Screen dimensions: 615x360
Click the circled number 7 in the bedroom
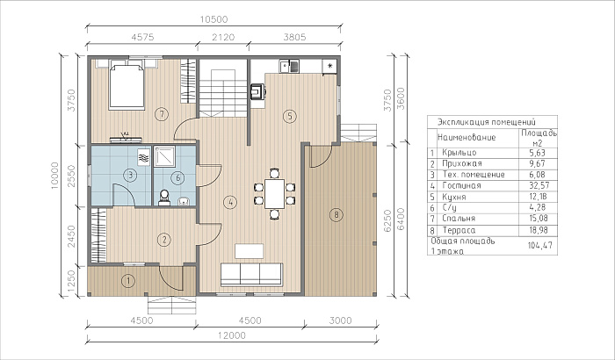pos(162,114)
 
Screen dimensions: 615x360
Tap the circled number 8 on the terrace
pos(336,214)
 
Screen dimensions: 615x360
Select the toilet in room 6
pos(164,198)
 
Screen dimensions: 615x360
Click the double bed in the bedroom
pos(127,86)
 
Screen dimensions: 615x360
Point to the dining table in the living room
pos(274,194)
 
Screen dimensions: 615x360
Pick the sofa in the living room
pos(251,275)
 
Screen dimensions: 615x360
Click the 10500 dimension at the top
pos(213,19)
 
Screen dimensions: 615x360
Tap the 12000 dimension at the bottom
pos(232,335)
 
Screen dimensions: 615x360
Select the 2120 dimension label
pos(223,37)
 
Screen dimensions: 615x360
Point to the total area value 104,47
pos(540,246)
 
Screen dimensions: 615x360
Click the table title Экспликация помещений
pos(487,122)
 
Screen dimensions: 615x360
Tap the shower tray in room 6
pos(164,156)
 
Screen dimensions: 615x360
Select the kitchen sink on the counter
pos(289,66)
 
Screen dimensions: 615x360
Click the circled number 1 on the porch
pos(128,281)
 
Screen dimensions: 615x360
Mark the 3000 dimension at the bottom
pos(341,320)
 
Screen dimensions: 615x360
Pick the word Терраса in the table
pos(459,230)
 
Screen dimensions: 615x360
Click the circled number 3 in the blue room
pos(130,176)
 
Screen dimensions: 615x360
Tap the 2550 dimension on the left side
pos(71,176)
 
